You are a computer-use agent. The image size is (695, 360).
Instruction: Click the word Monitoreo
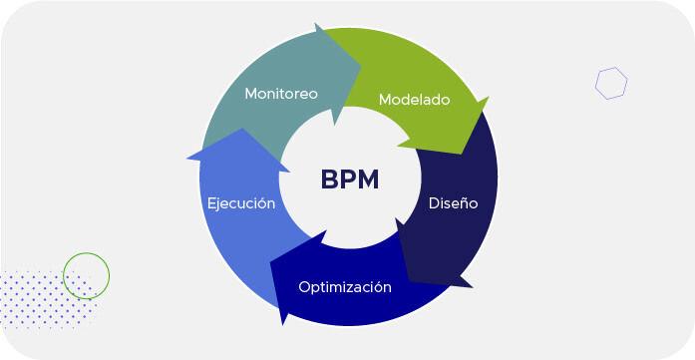click(x=281, y=94)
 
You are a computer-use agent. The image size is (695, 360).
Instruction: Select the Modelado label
click(x=414, y=100)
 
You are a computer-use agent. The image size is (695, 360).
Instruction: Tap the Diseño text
click(x=453, y=202)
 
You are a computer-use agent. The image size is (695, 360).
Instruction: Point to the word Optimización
click(x=345, y=287)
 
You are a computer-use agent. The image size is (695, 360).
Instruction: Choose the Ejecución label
click(x=240, y=202)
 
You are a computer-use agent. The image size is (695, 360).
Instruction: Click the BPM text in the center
click(x=350, y=180)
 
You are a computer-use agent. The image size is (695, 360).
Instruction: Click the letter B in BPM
click(x=330, y=180)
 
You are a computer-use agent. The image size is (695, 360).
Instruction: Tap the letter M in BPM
click(x=369, y=180)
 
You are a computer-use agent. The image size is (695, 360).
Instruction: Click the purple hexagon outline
click(x=611, y=83)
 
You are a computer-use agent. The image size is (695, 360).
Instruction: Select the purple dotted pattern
click(x=45, y=298)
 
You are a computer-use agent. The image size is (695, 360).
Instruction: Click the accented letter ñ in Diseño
click(x=462, y=203)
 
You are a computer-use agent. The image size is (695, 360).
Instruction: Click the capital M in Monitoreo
click(x=251, y=94)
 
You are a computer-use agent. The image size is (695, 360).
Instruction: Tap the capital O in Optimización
click(x=304, y=287)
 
